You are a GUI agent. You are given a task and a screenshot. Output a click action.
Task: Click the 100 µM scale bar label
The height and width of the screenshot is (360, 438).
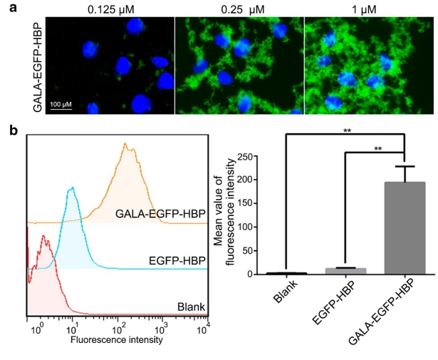(61, 106)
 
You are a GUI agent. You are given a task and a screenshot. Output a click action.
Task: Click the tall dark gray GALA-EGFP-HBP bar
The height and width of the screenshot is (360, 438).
(405, 228)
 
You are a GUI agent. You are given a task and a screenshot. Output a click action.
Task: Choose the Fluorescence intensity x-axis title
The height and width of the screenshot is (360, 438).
(116, 339)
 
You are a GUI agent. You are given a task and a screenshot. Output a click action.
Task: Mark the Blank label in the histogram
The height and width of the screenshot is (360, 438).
(192, 307)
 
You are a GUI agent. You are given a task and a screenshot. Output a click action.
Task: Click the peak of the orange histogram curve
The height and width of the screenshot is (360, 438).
(125, 144)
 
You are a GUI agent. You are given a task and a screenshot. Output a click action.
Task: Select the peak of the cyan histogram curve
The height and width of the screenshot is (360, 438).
(71, 188)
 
